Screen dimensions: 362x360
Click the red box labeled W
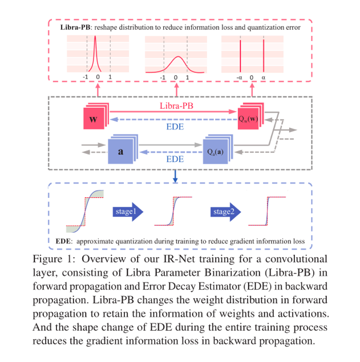click(94, 119)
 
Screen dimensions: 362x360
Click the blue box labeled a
click(120, 152)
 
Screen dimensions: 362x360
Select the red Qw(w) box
click(250, 119)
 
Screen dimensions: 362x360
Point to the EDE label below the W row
click(175, 127)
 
